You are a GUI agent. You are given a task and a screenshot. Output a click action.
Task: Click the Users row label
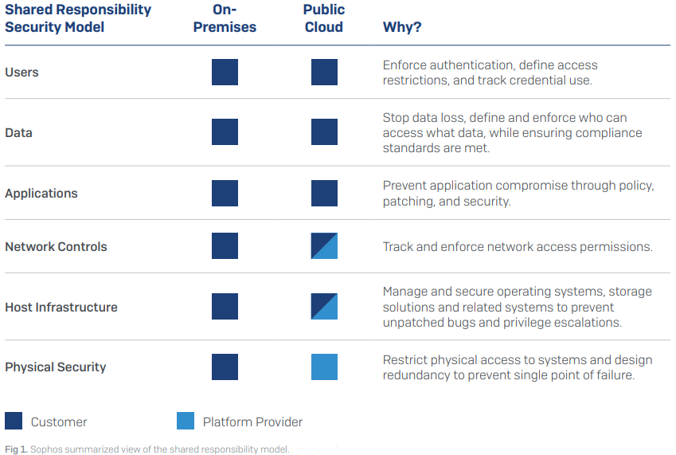click(x=21, y=72)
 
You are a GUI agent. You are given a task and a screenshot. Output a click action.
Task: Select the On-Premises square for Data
click(x=225, y=131)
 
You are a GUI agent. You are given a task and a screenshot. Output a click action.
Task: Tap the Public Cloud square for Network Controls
click(x=324, y=246)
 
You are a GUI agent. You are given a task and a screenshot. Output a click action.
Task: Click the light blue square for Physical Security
click(x=324, y=367)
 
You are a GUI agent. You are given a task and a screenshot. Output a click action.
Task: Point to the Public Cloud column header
click(x=324, y=18)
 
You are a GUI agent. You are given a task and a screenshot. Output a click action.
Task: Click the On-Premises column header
click(x=225, y=18)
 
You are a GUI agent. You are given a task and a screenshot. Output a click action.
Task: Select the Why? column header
click(x=402, y=27)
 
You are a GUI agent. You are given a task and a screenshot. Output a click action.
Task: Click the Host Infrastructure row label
click(x=61, y=307)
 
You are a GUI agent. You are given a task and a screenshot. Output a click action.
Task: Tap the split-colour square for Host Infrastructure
click(x=324, y=306)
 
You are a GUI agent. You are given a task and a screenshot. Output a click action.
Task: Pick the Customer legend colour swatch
click(x=14, y=421)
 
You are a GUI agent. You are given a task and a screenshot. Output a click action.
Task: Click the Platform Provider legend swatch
click(x=186, y=421)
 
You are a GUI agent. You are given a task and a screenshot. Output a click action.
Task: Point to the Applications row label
click(x=41, y=193)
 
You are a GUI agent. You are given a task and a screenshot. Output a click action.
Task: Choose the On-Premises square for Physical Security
click(x=225, y=367)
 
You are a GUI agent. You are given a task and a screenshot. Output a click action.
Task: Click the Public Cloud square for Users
click(x=324, y=72)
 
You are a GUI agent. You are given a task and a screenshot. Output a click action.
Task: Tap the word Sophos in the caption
click(x=46, y=449)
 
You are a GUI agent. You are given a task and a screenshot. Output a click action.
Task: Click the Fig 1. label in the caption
click(x=16, y=449)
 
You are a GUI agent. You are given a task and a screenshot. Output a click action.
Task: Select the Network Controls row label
click(x=56, y=247)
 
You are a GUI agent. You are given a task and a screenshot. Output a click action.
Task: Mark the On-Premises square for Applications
click(x=225, y=193)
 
